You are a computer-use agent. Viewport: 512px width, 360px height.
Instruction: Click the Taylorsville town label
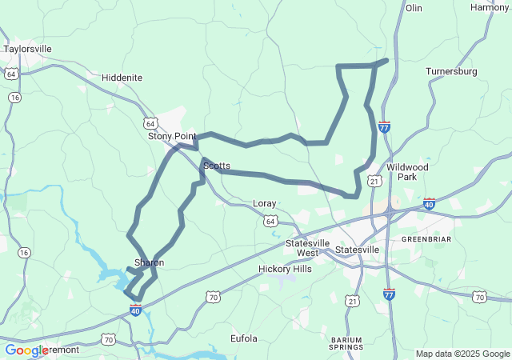pyautogui.click(x=27, y=49)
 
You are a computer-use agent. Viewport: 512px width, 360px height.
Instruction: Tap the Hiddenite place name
pyautogui.click(x=122, y=78)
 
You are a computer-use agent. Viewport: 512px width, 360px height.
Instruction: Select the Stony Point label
pyautogui.click(x=171, y=137)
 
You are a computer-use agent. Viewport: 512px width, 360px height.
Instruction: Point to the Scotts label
pyautogui.click(x=217, y=166)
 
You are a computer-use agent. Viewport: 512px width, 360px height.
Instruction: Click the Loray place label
pyautogui.click(x=264, y=203)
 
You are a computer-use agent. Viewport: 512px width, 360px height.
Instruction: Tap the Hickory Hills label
pyautogui.click(x=286, y=270)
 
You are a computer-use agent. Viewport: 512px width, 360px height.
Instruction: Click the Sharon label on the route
pyautogui.click(x=149, y=262)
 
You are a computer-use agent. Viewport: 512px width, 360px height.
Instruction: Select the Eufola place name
pyautogui.click(x=244, y=338)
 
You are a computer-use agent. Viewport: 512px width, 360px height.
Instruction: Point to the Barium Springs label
pyautogui.click(x=347, y=344)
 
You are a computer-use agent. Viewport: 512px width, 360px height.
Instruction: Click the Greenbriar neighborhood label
pyautogui.click(x=426, y=239)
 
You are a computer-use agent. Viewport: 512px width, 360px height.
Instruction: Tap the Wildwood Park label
pyautogui.click(x=407, y=172)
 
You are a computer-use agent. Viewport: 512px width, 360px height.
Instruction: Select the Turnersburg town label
pyautogui.click(x=451, y=71)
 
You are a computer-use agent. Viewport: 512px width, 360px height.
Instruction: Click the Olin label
pyautogui.click(x=414, y=8)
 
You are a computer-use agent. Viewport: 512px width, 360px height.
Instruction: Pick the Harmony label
pyautogui.click(x=489, y=7)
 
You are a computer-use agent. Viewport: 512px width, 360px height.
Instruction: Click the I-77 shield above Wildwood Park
pyautogui.click(x=385, y=127)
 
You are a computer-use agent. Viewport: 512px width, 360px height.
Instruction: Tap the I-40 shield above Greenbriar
pyautogui.click(x=430, y=204)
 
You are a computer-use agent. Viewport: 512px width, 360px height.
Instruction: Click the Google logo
pyautogui.click(x=26, y=350)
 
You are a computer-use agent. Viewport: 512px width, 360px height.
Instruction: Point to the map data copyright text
pyautogui.click(x=462, y=354)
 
